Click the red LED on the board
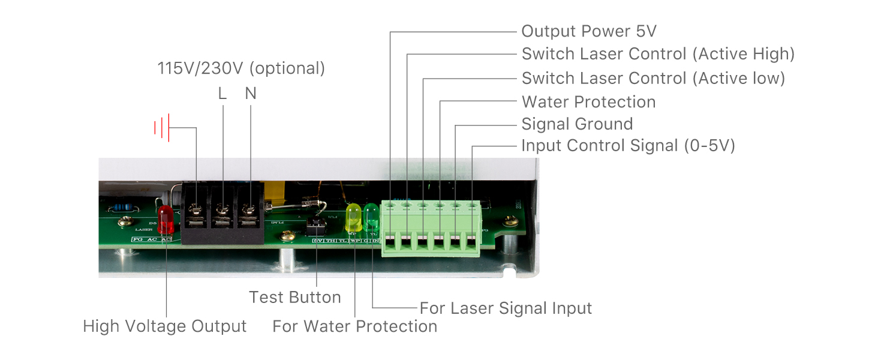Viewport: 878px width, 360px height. coord(166,220)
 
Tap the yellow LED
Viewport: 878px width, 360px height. coord(353,217)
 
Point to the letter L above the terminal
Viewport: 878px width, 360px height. coord(222,94)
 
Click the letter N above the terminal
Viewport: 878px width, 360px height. coord(251,94)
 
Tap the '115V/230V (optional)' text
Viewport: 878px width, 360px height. coord(241,68)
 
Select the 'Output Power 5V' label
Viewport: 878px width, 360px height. coord(589,31)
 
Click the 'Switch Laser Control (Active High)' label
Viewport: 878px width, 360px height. coord(658,54)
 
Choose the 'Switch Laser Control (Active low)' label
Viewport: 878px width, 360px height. coord(653,78)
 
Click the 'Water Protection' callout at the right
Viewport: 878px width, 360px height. coord(588,102)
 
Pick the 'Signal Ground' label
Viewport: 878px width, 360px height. coord(577,124)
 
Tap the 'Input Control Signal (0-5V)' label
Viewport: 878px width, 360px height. coord(628,146)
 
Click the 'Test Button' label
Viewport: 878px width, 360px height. coord(295,297)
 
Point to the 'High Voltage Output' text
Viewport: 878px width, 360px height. coord(165,326)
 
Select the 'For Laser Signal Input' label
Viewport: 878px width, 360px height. coord(506,308)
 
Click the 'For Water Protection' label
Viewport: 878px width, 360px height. coord(354,326)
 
